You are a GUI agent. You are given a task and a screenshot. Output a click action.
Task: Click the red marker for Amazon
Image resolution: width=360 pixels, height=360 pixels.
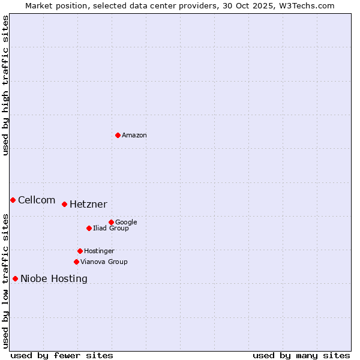click(x=118, y=135)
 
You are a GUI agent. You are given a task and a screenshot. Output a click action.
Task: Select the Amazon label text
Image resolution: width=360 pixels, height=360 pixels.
click(x=134, y=136)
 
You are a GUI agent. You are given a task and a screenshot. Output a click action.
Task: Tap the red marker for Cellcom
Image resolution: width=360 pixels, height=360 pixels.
click(x=13, y=200)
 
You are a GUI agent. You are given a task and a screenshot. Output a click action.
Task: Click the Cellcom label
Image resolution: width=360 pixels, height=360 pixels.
click(x=37, y=200)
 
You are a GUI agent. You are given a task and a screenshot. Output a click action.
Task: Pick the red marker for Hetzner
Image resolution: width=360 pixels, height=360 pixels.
click(x=64, y=204)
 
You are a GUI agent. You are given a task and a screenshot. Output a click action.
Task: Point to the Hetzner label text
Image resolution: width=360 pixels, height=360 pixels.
click(x=88, y=205)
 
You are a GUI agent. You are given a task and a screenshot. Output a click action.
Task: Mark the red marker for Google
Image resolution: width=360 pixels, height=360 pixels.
click(x=111, y=222)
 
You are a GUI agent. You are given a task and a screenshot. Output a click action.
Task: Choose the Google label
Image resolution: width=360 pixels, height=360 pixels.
click(x=126, y=223)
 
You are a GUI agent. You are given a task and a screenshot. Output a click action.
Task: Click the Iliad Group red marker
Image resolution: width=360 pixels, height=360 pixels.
click(x=89, y=228)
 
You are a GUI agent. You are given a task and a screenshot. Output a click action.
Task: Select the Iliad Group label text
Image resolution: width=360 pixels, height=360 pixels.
click(x=111, y=229)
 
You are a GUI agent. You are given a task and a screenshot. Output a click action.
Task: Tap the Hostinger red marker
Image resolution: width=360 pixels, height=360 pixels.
click(x=80, y=251)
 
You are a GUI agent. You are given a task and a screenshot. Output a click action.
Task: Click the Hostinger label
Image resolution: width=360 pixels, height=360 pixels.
click(x=99, y=251)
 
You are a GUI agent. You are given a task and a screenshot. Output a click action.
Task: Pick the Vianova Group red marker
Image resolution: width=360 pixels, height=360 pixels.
click(x=76, y=262)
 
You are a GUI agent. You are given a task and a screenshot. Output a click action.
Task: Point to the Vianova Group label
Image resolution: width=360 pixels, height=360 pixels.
click(x=104, y=262)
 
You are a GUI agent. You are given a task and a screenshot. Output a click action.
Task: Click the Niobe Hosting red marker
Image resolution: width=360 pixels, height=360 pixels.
click(x=15, y=278)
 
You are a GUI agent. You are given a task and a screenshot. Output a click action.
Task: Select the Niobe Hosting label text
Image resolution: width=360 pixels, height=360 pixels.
click(x=54, y=279)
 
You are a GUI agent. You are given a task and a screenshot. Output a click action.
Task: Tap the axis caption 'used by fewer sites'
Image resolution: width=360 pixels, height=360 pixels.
click(x=62, y=355)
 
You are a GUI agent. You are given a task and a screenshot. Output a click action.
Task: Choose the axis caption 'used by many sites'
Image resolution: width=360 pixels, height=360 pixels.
click(x=301, y=355)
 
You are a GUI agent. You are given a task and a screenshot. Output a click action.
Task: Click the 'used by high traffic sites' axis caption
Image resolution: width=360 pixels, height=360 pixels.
click(x=5, y=85)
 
